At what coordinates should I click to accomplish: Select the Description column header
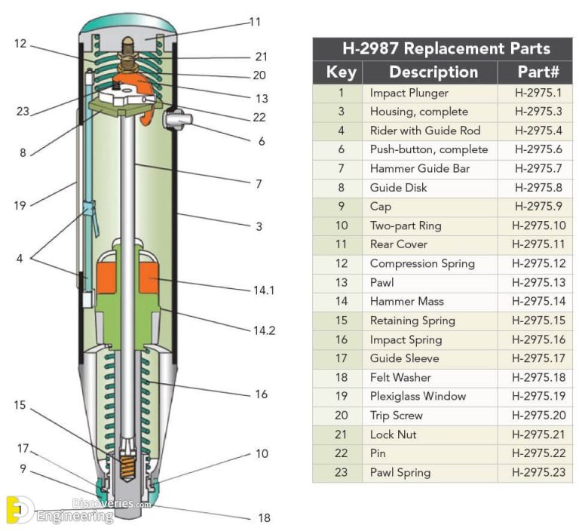433,72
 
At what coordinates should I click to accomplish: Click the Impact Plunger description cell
409,93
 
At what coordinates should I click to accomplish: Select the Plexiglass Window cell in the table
417,396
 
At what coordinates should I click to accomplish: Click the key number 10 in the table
341,226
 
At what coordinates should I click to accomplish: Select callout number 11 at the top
255,23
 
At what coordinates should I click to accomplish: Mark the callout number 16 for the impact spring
260,394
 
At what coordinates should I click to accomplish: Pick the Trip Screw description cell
396,416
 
